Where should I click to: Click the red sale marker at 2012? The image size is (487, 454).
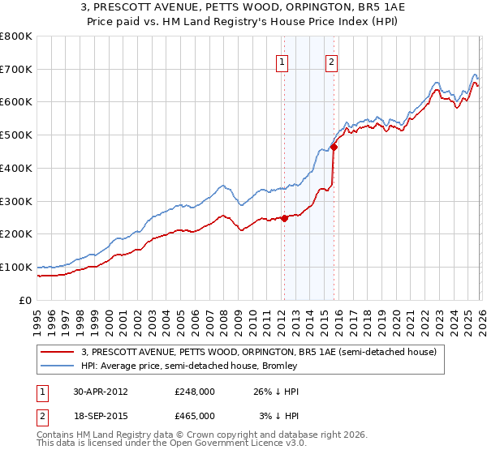(284, 218)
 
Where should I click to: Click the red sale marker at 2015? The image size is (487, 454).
(333, 147)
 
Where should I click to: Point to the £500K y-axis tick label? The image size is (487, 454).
(16, 135)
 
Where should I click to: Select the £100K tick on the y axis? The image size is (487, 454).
(16, 267)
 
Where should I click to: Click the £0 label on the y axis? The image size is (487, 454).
(24, 300)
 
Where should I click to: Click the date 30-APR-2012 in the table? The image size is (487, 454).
(101, 392)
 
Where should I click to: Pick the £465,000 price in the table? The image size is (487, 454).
(195, 416)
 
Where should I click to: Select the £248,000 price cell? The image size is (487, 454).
(195, 392)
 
